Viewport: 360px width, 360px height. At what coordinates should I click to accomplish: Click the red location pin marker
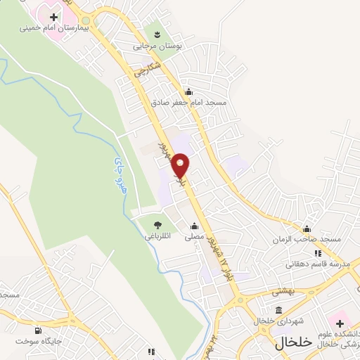[181, 165]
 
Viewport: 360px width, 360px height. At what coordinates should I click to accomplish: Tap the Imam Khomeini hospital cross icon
[53, 16]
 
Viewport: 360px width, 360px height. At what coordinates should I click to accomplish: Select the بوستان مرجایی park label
[157, 45]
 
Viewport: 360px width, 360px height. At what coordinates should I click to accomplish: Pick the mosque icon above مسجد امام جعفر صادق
[188, 91]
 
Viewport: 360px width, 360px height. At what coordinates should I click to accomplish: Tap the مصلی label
[194, 238]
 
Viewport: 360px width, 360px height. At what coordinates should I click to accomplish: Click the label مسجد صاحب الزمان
[308, 239]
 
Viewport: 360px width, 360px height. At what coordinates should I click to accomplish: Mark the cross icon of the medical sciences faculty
[341, 323]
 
